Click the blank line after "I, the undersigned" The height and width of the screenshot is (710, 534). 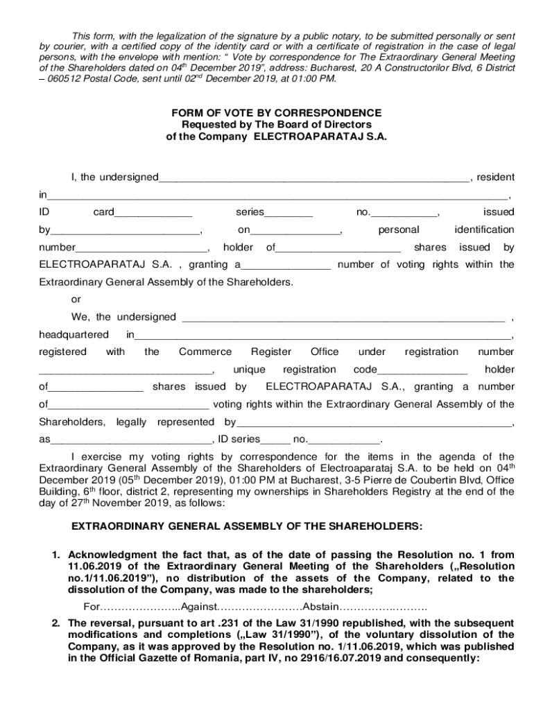point(313,179)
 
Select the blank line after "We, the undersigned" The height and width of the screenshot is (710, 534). point(343,318)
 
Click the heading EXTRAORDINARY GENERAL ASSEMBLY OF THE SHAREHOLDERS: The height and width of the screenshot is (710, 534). point(248,526)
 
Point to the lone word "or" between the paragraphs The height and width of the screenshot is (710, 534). point(76,300)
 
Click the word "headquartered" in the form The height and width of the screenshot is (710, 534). point(74,336)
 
